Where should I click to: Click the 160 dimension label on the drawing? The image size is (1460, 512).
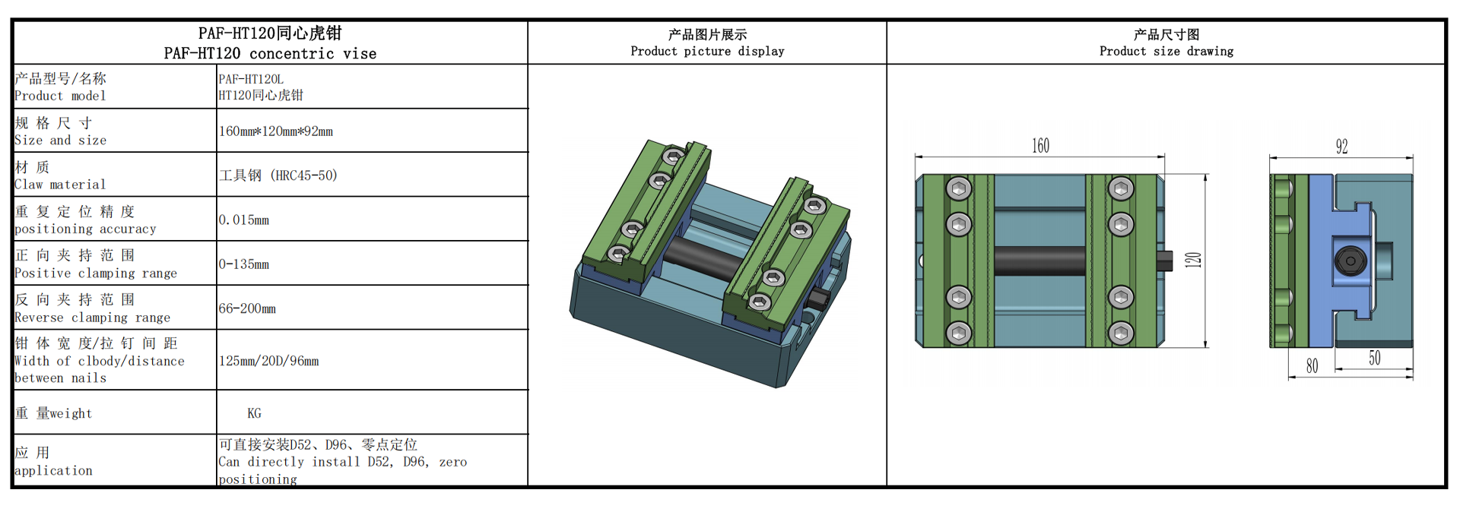pyautogui.click(x=1040, y=146)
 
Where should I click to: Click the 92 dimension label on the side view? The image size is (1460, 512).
pyautogui.click(x=1341, y=147)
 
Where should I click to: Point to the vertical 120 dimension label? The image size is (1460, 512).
pyautogui.click(x=1193, y=260)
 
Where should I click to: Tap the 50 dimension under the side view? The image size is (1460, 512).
pyautogui.click(x=1374, y=358)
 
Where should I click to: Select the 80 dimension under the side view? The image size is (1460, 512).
pyautogui.click(x=1312, y=365)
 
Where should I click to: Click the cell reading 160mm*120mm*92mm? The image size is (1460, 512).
pyautogui.click(x=276, y=131)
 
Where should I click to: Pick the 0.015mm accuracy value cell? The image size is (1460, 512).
pyautogui.click(x=244, y=220)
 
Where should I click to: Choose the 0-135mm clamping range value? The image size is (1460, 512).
pyautogui.click(x=244, y=264)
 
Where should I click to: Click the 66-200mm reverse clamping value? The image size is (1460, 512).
pyautogui.click(x=247, y=308)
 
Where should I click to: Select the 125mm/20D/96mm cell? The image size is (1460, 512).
pyautogui.click(x=268, y=361)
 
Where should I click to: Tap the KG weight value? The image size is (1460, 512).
pyautogui.click(x=254, y=413)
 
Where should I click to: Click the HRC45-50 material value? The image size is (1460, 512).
pyautogui.click(x=278, y=175)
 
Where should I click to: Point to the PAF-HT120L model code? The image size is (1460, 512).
pyautogui.click(x=251, y=79)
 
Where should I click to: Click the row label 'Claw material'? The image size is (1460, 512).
pyautogui.click(x=60, y=185)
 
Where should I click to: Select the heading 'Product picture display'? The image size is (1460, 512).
pyautogui.click(x=707, y=51)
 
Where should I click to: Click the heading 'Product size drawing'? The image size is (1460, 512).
pyautogui.click(x=1166, y=51)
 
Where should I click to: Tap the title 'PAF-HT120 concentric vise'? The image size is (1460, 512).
pyautogui.click(x=270, y=53)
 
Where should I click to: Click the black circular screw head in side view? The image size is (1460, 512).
pyautogui.click(x=1350, y=261)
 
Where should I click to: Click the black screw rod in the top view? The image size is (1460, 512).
pyautogui.click(x=1039, y=261)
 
